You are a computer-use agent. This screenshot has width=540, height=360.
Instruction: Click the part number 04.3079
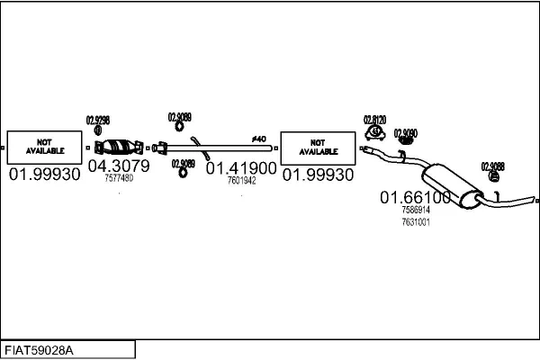pos(117,166)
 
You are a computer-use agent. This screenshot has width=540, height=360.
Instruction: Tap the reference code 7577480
pos(118,178)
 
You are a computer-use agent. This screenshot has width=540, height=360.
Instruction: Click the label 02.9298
pos(97,120)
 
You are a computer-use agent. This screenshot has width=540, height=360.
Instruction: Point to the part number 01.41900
pos(240,167)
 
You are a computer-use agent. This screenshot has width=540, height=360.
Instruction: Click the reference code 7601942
pos(241,180)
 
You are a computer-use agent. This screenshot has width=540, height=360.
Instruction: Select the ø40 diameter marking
pos(258,139)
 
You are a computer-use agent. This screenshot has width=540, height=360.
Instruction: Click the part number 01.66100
pos(415,197)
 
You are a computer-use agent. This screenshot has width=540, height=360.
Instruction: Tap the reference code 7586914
pos(415,210)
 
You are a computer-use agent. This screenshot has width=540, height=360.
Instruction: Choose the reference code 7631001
pos(415,221)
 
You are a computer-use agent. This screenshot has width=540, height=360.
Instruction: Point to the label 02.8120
pos(374,120)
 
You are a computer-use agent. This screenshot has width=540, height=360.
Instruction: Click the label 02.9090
pos(406,132)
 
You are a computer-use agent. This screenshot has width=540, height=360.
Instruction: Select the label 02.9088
pos(492,166)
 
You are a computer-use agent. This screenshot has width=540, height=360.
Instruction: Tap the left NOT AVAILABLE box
pos(44,147)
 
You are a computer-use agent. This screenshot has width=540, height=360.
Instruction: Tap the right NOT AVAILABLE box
pos(318,147)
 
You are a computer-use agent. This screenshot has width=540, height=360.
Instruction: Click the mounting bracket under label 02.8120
pos(373,135)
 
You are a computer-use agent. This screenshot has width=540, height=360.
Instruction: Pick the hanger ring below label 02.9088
pos(493,176)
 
